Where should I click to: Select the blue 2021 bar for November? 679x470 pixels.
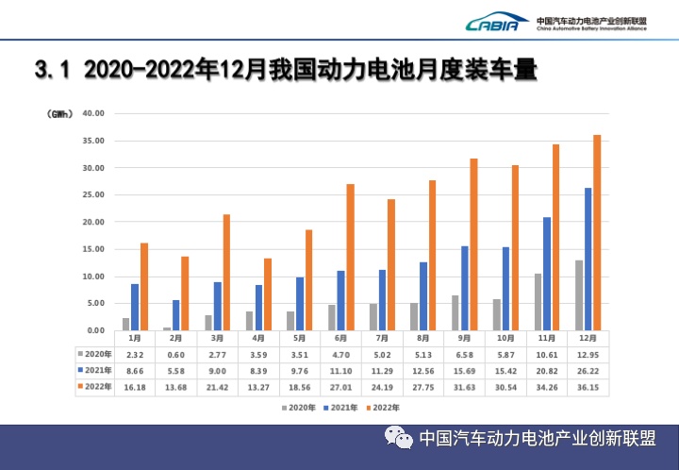[x=547, y=274]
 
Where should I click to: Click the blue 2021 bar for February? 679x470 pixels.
[x=175, y=315]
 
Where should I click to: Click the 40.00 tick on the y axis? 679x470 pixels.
[x=93, y=113]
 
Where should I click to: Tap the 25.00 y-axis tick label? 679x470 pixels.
[x=93, y=195]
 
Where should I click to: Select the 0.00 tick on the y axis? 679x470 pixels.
[x=95, y=330]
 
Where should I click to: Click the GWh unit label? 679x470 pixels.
[x=59, y=113]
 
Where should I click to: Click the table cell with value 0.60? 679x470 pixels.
[x=176, y=353]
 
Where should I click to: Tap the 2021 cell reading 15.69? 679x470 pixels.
[x=466, y=371]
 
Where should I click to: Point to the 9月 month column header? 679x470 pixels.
[x=466, y=337]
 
